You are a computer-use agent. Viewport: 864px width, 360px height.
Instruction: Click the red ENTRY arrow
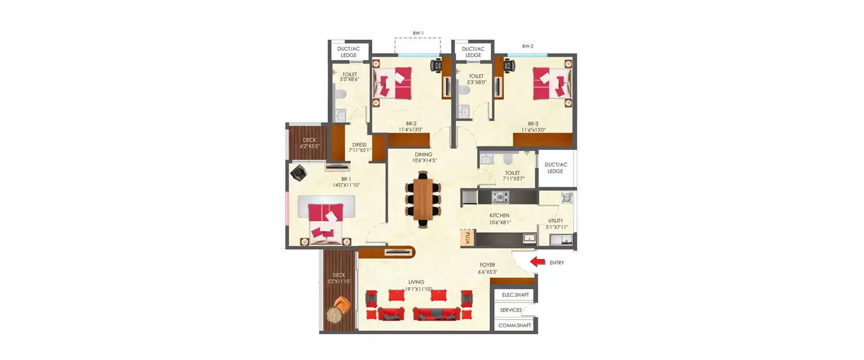(x=537, y=262)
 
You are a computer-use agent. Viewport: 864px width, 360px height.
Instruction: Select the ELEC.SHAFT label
(x=515, y=295)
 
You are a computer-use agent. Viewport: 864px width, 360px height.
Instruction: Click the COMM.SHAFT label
(x=514, y=325)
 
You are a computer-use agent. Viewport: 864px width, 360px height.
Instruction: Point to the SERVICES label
(x=511, y=310)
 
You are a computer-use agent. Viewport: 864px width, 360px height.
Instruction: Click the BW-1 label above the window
(x=418, y=33)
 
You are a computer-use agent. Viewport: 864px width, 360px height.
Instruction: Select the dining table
(x=423, y=201)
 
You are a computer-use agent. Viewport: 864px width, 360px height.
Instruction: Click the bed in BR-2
(x=393, y=83)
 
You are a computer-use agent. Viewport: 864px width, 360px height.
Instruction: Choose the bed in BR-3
(x=551, y=83)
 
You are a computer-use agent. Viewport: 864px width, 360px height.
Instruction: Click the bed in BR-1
(x=325, y=223)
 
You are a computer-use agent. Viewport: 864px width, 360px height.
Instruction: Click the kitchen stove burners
(x=501, y=197)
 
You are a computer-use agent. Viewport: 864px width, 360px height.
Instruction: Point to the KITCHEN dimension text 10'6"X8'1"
(x=499, y=221)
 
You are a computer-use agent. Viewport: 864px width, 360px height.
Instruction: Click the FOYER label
(x=487, y=265)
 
